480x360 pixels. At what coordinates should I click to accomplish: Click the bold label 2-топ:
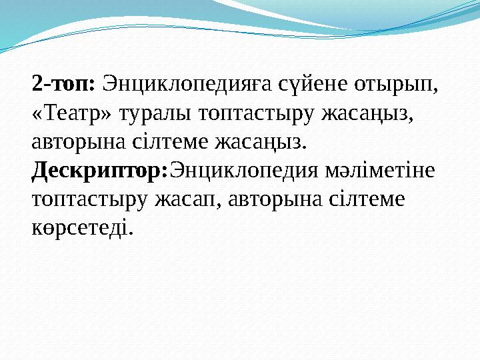point(65,85)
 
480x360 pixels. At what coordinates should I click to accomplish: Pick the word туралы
point(155,115)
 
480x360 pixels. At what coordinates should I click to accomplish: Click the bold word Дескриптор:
point(100,171)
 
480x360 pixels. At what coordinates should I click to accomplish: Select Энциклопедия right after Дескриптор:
point(243,171)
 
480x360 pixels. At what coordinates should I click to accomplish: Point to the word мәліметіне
point(380,171)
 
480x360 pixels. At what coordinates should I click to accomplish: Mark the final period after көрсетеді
point(131,234)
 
